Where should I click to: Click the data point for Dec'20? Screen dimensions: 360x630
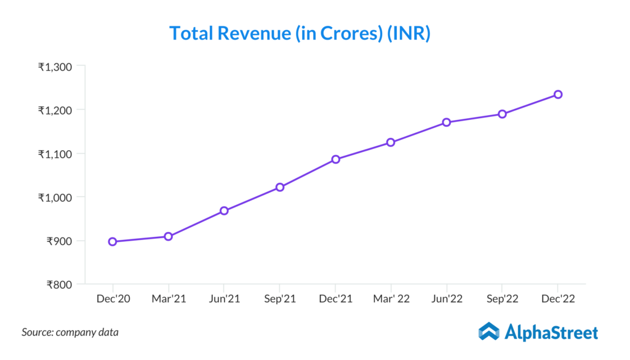[x=113, y=242]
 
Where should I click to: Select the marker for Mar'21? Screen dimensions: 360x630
[x=168, y=236]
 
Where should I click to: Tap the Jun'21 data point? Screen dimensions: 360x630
[x=224, y=210]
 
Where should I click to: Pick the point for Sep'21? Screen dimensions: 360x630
[x=280, y=187]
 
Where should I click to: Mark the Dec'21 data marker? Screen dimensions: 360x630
[x=336, y=159]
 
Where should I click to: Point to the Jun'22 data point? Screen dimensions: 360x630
[x=447, y=122]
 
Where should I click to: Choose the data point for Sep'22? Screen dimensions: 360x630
[x=502, y=114]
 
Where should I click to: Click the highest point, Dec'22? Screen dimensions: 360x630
[x=558, y=95]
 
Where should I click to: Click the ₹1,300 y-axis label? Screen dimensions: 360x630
[x=55, y=67]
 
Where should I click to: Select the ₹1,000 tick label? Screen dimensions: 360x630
[x=55, y=198]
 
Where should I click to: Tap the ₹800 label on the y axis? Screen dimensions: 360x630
[x=60, y=285]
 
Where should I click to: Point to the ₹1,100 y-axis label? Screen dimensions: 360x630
[x=55, y=154]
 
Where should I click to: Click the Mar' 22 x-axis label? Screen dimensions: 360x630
[x=391, y=299]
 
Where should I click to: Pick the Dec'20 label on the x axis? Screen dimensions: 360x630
[x=113, y=299]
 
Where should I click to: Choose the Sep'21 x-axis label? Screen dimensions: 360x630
[x=280, y=299]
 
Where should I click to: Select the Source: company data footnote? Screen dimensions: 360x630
[x=70, y=332]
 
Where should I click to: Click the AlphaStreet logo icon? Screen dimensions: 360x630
[x=490, y=332]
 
